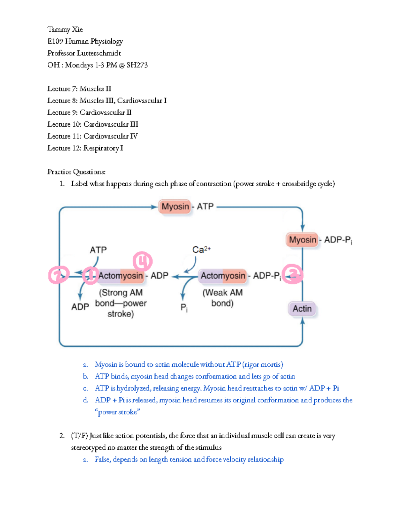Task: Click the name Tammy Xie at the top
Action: (x=65, y=30)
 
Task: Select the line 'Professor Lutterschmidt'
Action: (x=84, y=53)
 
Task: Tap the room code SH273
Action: (x=137, y=65)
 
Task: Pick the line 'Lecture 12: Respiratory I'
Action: (x=85, y=148)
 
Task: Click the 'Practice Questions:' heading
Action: (x=76, y=172)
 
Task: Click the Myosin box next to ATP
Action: (x=175, y=206)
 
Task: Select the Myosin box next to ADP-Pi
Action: (x=302, y=240)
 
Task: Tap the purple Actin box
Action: (x=302, y=309)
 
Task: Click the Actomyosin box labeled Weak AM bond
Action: (x=223, y=276)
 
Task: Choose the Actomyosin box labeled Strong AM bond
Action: (x=121, y=276)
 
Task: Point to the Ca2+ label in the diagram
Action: (x=201, y=250)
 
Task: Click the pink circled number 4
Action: (x=143, y=261)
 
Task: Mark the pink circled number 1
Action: (x=90, y=276)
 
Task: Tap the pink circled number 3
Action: (x=293, y=274)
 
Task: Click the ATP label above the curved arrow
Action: (x=98, y=250)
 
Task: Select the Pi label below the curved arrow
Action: (x=184, y=307)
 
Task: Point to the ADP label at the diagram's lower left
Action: (x=80, y=307)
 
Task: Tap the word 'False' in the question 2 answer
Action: (x=102, y=459)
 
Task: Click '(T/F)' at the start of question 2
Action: (x=79, y=436)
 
